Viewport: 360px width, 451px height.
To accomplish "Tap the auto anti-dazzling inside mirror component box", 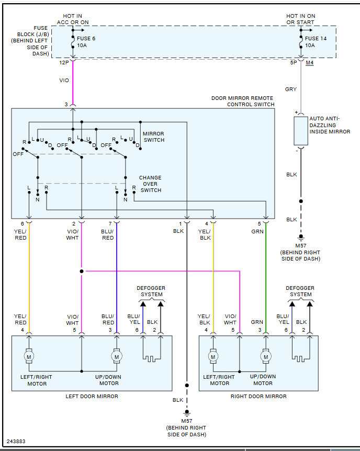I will pyautogui.click(x=301, y=131).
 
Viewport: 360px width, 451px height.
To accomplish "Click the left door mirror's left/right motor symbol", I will pyautogui.click(x=29, y=357).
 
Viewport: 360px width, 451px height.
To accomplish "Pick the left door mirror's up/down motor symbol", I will pyautogui.click(x=116, y=357).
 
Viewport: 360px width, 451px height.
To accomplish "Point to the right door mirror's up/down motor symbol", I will pyautogui.click(x=266, y=357).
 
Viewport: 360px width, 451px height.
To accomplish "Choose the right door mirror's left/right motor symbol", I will pyautogui.click(x=213, y=357).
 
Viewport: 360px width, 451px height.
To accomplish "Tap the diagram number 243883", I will pyautogui.click(x=16, y=442).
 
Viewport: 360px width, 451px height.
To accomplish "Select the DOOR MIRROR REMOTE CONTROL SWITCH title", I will pyautogui.click(x=243, y=101).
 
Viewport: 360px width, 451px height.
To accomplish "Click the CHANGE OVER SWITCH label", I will pyautogui.click(x=150, y=184).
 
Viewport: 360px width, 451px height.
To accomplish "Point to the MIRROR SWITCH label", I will pyautogui.click(x=153, y=137).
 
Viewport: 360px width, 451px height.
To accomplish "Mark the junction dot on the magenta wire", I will pyautogui.click(x=82, y=271).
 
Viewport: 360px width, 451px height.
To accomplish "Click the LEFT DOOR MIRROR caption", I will pyautogui.click(x=92, y=397).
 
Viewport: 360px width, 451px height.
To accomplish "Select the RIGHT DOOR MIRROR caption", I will pyautogui.click(x=258, y=397).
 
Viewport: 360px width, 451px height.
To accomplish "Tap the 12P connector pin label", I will pyautogui.click(x=64, y=63).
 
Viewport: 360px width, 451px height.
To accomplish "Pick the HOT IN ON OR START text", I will pyautogui.click(x=301, y=19).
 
